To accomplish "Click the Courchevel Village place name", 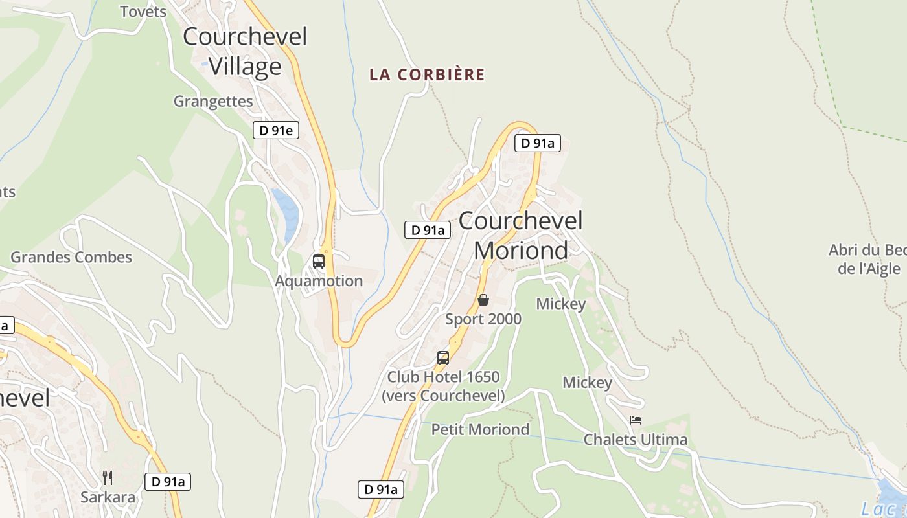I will click(x=245, y=51).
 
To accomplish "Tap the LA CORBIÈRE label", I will click(x=427, y=74).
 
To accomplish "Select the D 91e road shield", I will click(x=276, y=131).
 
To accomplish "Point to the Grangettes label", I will click(x=213, y=101).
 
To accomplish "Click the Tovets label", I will click(x=143, y=12).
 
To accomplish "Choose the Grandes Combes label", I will click(x=71, y=257).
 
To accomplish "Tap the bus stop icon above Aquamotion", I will click(x=319, y=262).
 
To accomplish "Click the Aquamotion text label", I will click(x=319, y=281).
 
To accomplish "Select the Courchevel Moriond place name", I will click(x=521, y=235).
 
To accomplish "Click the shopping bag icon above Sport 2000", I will click(x=483, y=300).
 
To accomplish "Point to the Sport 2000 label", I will click(x=483, y=319).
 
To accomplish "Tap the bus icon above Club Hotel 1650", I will click(x=443, y=357).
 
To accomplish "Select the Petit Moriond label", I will click(x=480, y=429).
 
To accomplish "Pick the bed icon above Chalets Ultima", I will click(x=636, y=420).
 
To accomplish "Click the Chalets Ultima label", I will click(x=636, y=440).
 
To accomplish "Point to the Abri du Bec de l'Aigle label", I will click(x=868, y=260).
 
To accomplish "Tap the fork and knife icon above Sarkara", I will click(x=108, y=479).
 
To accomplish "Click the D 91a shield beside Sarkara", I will click(x=168, y=482).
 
